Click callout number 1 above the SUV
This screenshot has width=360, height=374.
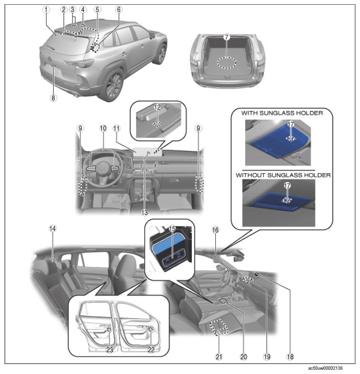[x=46, y=10]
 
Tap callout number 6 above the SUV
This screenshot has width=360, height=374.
[x=119, y=10]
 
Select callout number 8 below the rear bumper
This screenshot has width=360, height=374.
[x=53, y=98]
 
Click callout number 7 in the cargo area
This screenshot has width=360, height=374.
[x=227, y=37]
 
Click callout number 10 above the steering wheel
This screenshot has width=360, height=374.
[x=103, y=128]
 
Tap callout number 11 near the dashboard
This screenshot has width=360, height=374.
[x=117, y=128]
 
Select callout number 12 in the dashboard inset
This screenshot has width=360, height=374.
[x=157, y=108]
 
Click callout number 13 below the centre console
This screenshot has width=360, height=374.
[x=144, y=212]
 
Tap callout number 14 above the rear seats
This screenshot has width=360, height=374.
[x=52, y=228]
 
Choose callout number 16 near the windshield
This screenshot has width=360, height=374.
[x=215, y=230]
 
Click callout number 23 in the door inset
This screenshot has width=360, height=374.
[x=110, y=350]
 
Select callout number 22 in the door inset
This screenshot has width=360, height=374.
[x=151, y=350]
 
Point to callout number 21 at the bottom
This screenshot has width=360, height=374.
[x=219, y=357]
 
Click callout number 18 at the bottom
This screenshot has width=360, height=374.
[x=290, y=357]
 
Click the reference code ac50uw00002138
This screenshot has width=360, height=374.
[x=325, y=368]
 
